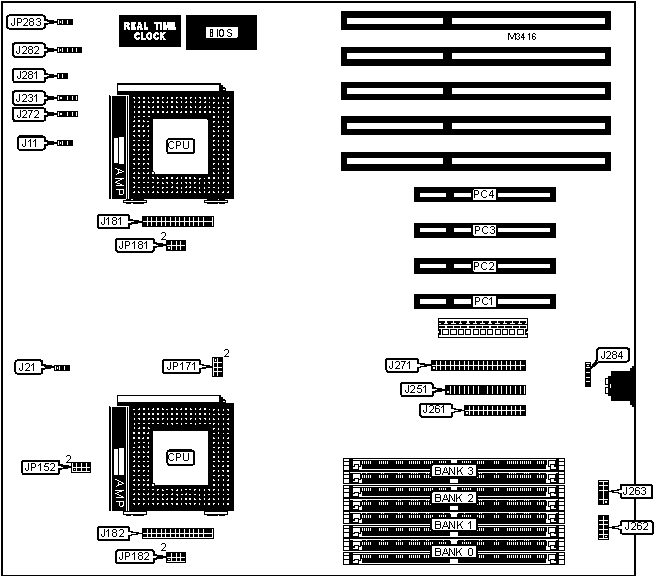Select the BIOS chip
click(221, 33)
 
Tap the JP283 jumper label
click(24, 21)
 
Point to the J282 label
click(27, 49)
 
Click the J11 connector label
click(31, 144)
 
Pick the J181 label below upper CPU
click(111, 221)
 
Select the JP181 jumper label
click(133, 244)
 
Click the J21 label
click(27, 368)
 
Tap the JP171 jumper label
click(183, 367)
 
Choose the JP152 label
click(42, 467)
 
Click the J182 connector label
click(111, 533)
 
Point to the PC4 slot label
click(485, 195)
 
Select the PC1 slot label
click(485, 301)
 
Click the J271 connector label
click(401, 366)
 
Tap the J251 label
click(415, 389)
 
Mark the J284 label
click(609, 355)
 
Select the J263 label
click(634, 491)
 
